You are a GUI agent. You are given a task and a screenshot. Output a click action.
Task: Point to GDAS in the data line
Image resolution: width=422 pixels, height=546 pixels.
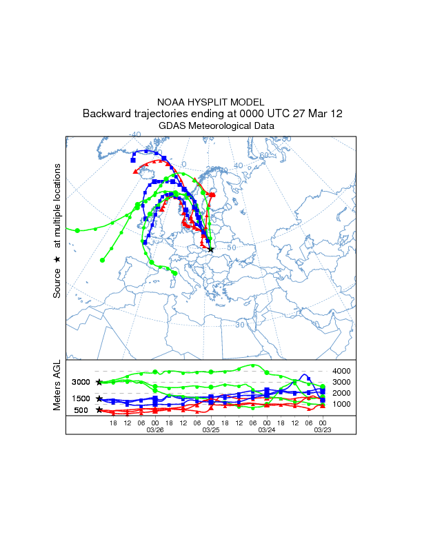click(x=172, y=126)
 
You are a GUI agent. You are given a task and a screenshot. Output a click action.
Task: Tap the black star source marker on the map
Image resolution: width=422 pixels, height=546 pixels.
click(x=211, y=250)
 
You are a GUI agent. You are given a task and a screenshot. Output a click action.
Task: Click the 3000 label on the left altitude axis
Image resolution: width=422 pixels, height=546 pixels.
click(x=81, y=382)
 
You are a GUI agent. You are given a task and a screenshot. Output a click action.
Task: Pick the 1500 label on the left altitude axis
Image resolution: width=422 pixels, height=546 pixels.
click(x=81, y=398)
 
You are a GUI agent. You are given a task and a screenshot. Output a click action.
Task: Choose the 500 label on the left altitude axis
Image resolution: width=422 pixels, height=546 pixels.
click(x=81, y=410)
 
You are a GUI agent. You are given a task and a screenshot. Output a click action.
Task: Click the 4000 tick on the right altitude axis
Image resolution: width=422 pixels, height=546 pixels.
click(x=343, y=372)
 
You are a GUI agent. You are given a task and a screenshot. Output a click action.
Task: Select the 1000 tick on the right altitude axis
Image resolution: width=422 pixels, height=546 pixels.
click(x=343, y=404)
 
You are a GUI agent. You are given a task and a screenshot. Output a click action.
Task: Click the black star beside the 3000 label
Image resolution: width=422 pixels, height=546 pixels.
click(x=99, y=382)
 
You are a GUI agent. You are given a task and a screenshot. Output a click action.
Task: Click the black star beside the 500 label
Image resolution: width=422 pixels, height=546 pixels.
click(x=99, y=410)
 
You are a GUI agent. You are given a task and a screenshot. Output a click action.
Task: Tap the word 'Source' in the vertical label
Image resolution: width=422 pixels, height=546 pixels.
click(x=58, y=283)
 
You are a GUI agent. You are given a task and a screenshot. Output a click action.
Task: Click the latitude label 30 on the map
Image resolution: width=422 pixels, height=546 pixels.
click(x=240, y=324)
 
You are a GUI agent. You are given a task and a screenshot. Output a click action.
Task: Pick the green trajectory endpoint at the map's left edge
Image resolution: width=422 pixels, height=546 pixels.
click(x=78, y=230)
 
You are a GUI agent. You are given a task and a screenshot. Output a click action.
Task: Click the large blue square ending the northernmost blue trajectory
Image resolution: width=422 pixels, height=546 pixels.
click(x=132, y=160)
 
